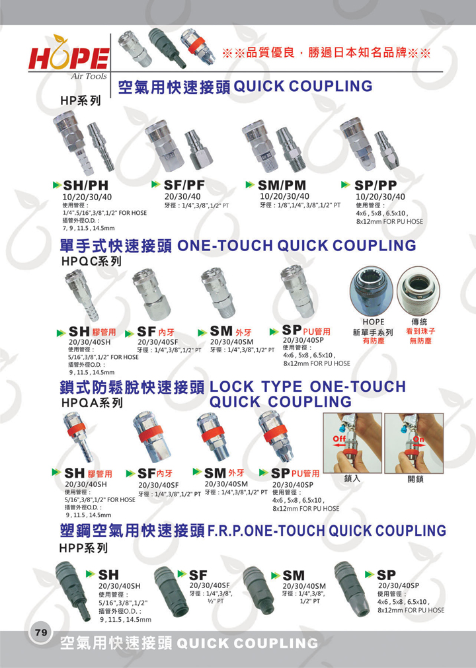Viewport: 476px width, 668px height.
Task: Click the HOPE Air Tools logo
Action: coord(69,57)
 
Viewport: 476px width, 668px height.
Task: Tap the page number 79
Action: coord(42,632)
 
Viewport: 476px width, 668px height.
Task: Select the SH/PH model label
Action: coord(86,185)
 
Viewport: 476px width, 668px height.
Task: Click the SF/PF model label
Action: coord(184,185)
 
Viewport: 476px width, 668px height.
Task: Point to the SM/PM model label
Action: coord(282,185)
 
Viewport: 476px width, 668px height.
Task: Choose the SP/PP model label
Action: coord(376,185)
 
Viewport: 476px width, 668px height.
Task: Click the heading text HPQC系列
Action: coord(91,261)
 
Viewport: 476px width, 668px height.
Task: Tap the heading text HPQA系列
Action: coord(92,402)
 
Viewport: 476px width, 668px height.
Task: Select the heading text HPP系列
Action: coord(83,548)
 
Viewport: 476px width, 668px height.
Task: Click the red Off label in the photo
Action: coord(339,438)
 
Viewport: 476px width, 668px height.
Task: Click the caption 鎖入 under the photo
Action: coord(352,478)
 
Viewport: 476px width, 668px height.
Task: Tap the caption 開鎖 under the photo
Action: coord(415,479)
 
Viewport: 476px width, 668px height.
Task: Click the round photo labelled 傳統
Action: coord(418,291)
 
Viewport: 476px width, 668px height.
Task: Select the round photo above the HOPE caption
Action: coord(372,292)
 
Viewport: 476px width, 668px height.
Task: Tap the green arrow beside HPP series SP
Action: coord(370,574)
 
